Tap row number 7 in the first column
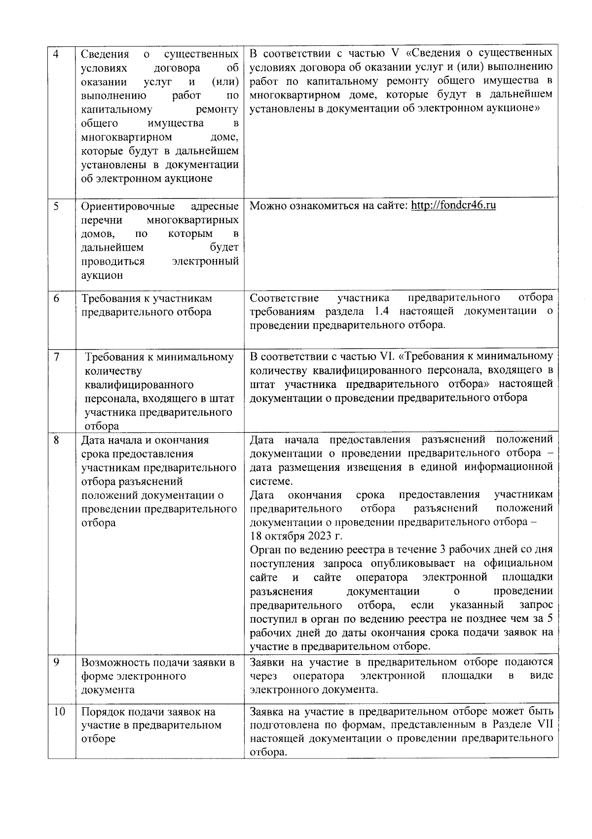point(56,357)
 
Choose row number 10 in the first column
point(59,712)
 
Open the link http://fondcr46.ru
point(453,205)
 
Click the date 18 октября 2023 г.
point(296,536)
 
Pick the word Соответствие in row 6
point(284,298)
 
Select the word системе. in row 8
point(271,481)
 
